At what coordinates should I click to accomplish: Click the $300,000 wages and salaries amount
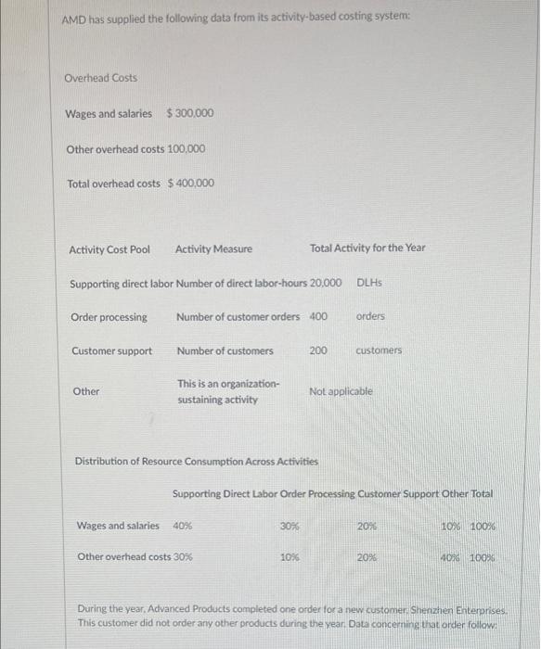point(189,113)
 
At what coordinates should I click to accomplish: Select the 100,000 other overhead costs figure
point(186,148)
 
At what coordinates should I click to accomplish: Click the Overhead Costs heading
point(100,78)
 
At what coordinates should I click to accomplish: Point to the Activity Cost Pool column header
point(109,248)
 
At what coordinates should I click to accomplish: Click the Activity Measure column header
point(213,248)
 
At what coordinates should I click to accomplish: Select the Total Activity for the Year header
point(367,248)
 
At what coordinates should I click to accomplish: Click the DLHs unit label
point(369,282)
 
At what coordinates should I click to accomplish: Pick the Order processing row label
point(109,317)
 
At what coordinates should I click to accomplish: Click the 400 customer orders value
point(318,316)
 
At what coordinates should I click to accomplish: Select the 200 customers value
point(318,350)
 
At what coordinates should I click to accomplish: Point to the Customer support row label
point(111,350)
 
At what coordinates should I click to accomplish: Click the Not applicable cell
point(341,391)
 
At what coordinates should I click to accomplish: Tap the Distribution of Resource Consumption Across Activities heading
point(196,461)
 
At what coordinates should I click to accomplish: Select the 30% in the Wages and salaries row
point(290,526)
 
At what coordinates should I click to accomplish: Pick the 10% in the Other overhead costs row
point(290,557)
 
